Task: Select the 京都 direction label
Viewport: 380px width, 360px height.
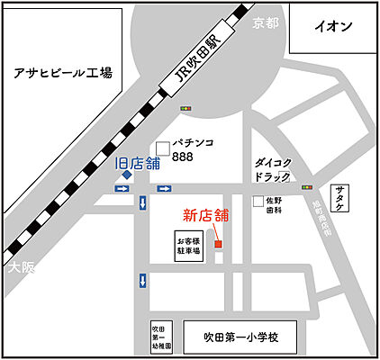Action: click(267, 22)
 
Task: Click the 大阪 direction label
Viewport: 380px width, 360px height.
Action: click(18, 269)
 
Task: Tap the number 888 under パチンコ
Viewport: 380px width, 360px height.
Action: click(184, 157)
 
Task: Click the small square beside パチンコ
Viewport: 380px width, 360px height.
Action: click(163, 148)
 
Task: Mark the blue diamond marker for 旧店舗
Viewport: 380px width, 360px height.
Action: click(127, 176)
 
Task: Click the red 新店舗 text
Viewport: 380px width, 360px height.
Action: click(206, 215)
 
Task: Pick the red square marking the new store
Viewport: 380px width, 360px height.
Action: click(219, 242)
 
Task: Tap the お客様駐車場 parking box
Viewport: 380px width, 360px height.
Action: click(189, 247)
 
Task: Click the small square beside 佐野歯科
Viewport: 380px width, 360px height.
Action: click(258, 202)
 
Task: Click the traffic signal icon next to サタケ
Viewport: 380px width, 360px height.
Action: click(308, 188)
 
